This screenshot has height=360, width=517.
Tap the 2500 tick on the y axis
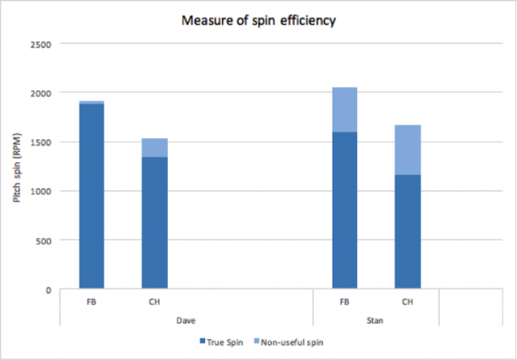click(x=40, y=44)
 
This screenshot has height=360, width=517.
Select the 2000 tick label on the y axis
click(x=40, y=93)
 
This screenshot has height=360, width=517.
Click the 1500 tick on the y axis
click(x=40, y=142)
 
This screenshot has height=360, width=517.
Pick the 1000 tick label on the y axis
click(x=40, y=192)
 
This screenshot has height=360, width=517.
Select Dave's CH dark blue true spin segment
click(x=154, y=223)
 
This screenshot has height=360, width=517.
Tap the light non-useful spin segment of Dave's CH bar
click(x=154, y=148)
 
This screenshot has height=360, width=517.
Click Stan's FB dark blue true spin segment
click(x=344, y=210)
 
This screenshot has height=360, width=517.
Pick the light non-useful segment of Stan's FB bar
click(x=344, y=110)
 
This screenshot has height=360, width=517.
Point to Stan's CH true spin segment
click(x=407, y=231)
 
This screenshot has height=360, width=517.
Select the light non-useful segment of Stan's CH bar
click(x=407, y=149)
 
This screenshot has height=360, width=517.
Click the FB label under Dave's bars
click(x=91, y=302)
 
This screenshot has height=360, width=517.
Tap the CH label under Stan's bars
click(x=407, y=302)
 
